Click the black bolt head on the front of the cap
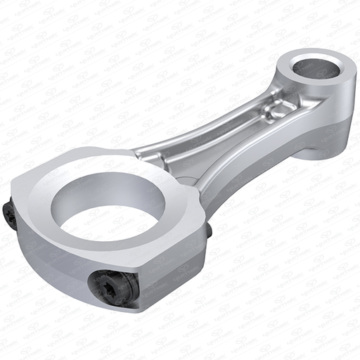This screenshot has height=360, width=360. (x=112, y=288)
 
